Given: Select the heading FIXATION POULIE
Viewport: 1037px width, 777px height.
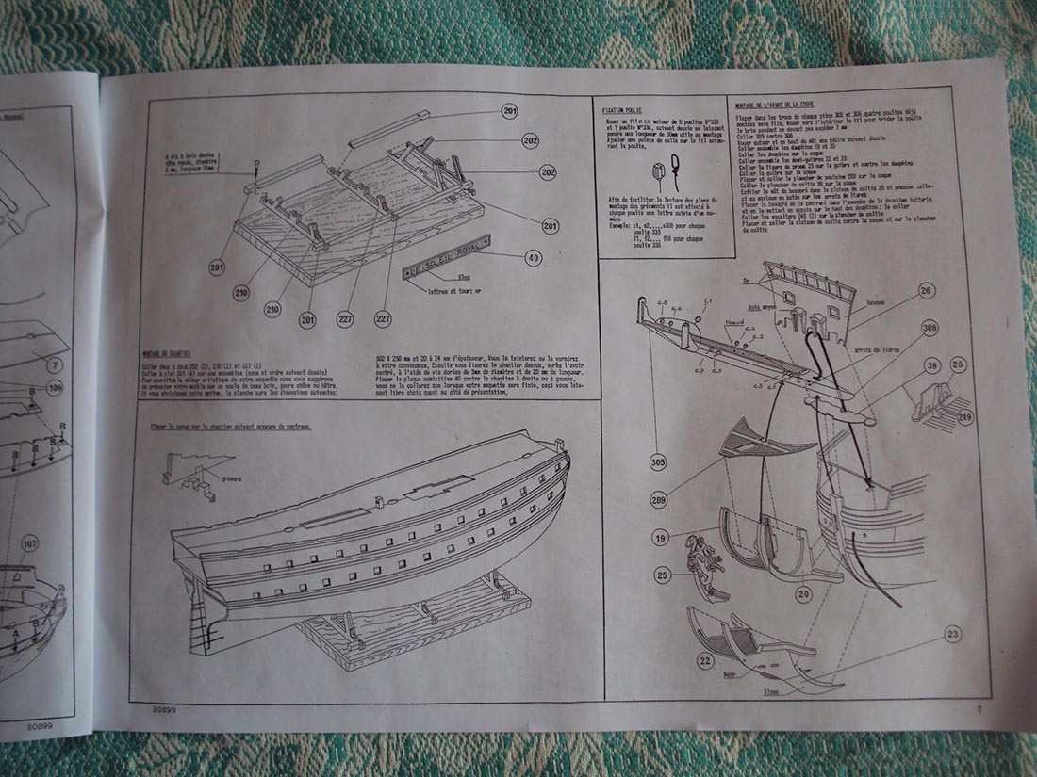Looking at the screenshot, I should click(622, 109).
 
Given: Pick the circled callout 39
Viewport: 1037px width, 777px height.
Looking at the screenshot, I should click(932, 365).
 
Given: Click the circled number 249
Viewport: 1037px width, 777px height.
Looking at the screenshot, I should click(964, 416).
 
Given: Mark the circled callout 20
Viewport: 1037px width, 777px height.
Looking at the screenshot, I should click(802, 593).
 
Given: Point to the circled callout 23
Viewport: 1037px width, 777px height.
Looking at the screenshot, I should click(953, 634).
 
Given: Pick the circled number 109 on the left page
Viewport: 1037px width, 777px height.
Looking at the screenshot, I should click(55, 387).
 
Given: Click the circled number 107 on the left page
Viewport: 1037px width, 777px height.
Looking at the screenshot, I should click(30, 542).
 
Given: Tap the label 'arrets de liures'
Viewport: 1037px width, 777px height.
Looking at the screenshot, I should click(876, 351).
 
